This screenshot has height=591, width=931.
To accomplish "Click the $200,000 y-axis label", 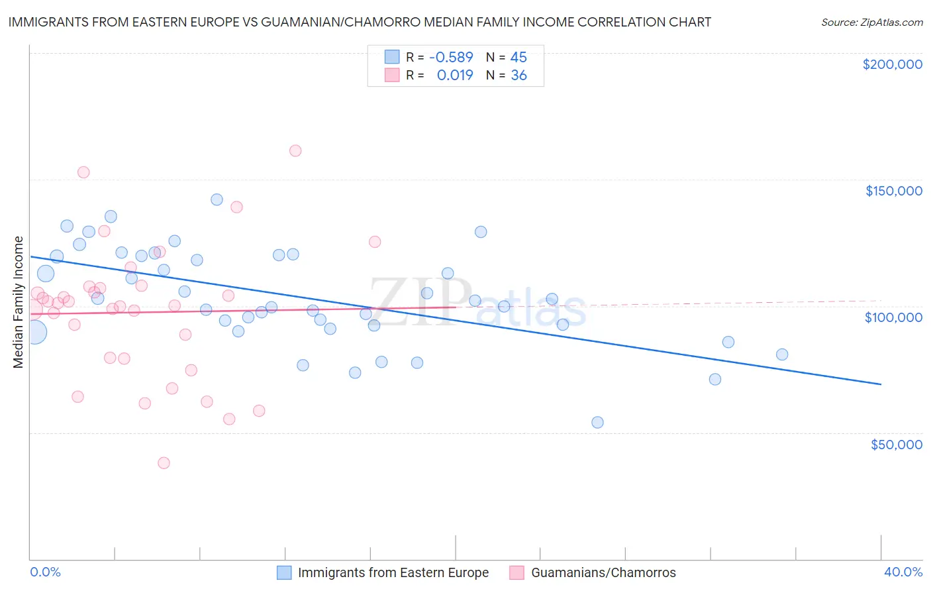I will [892, 64].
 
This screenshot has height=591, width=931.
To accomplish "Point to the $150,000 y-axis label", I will [893, 191].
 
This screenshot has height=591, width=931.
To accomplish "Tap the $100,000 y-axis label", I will [893, 317].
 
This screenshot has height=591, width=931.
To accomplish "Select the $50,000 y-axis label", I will [896, 445].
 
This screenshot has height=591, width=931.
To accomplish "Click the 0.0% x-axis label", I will [45, 572].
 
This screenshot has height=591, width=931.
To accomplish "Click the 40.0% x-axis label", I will [903, 572].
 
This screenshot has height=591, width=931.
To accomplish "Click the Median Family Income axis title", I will [19, 302].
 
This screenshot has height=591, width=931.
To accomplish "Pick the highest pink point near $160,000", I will [295, 151].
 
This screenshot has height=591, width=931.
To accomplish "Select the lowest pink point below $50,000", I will [164, 463].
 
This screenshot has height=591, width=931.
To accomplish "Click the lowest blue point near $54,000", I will [597, 423].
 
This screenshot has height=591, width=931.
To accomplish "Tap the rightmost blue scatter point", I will [782, 354].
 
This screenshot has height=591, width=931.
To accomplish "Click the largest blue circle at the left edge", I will [35, 332].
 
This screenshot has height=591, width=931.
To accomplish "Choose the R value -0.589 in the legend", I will [451, 58].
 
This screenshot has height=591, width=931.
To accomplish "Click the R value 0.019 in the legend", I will [455, 76].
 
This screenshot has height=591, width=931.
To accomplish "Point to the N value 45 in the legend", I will [518, 58].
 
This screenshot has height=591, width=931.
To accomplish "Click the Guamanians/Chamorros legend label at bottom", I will [603, 573].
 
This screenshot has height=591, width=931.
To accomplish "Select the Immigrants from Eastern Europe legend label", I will [393, 573].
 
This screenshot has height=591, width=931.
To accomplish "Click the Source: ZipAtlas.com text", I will [871, 23].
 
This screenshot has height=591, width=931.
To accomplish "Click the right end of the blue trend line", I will [881, 384].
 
